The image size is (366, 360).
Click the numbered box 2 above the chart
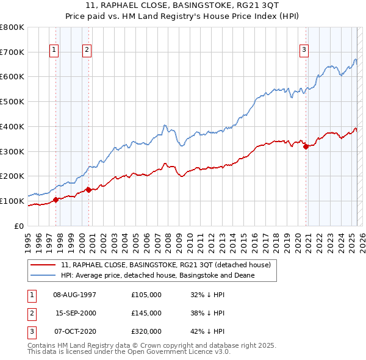tap(88, 50)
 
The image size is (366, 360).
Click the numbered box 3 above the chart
tap(304, 50)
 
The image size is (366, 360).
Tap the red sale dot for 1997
tap(56, 199)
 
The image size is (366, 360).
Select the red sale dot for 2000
tap(88, 189)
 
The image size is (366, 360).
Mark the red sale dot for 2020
tap(306, 146)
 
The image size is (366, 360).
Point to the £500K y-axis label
tap(12, 101)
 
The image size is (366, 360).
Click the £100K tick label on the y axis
tap(12, 201)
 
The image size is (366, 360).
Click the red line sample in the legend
tap(44, 265)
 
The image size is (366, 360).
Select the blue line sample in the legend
tap(44, 275)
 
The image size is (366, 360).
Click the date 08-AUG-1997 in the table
tap(75, 294)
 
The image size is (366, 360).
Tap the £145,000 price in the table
tap(146, 313)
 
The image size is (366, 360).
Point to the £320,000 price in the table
tap(146, 331)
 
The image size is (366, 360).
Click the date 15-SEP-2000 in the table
tap(76, 313)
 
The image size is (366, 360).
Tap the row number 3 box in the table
tap(30, 331)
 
